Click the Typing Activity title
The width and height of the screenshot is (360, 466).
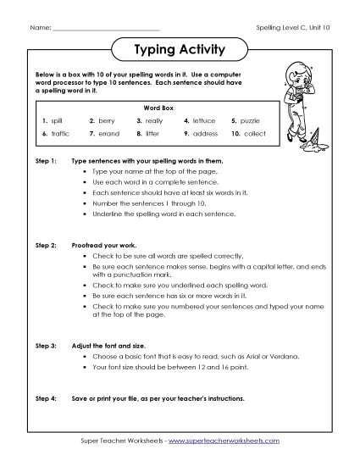[180, 50]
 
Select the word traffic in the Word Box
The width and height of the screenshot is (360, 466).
[59, 134]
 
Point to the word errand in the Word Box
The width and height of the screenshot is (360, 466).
[108, 134]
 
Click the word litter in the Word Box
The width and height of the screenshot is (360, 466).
[153, 134]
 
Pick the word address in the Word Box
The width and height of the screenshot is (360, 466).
[205, 134]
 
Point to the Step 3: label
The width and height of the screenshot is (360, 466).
[45, 347]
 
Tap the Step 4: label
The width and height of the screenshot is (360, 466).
[45, 397]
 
